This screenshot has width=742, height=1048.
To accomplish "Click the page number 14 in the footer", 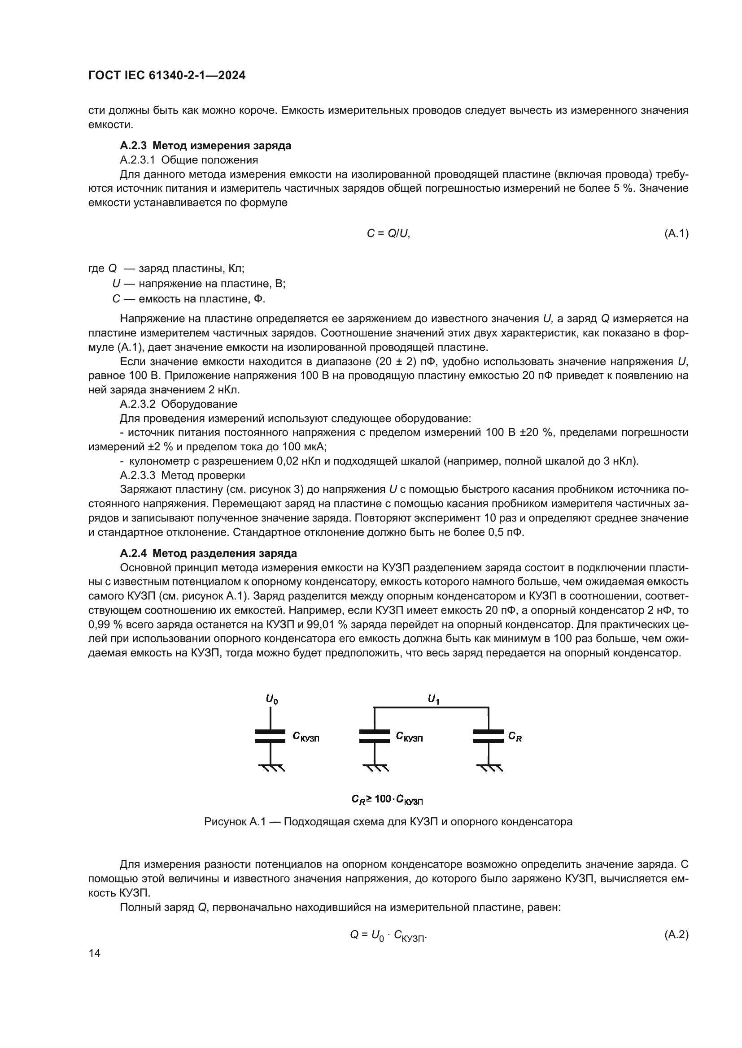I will coord(95,953).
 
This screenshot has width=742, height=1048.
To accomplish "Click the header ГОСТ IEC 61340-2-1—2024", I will coord(167,75).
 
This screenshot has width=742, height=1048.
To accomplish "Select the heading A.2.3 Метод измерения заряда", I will coord(205,146).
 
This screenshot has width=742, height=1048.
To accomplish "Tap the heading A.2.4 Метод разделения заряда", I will coord(208,553).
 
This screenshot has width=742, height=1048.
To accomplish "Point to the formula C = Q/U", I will coord(388,234).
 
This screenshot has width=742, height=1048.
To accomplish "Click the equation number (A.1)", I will coord(676,234).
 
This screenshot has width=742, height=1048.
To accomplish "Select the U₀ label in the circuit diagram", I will coord(272,699).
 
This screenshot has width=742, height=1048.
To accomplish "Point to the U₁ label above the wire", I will coord(433,699).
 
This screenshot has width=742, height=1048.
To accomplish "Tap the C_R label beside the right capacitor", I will coord(515,736).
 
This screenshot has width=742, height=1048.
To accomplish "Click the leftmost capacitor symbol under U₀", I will coord(271,736).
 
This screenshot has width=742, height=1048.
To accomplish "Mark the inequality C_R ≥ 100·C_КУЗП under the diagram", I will coord(387,799).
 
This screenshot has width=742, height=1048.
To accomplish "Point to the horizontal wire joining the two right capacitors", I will coord(431,707).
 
